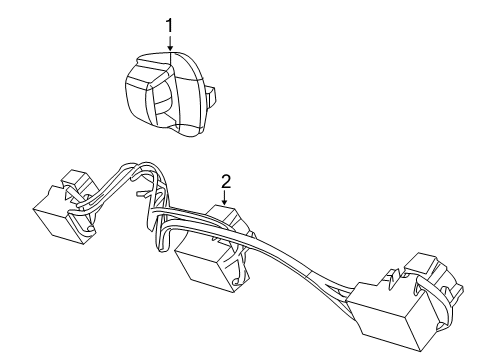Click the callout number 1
pos(170,24)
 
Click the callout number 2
pos(226,181)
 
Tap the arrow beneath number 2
pos(226,198)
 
